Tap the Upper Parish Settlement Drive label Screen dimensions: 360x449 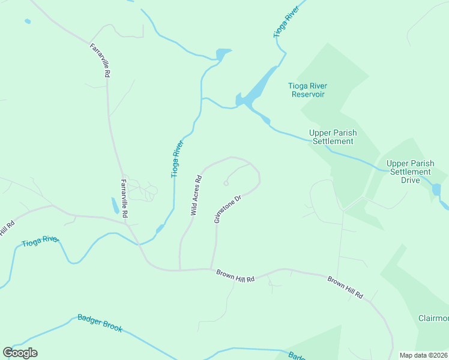(x=410, y=171)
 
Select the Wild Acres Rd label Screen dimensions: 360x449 (x=196, y=195)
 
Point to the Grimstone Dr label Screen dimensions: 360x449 (x=228, y=209)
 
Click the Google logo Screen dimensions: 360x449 (x=20, y=353)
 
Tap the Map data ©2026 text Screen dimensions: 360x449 (x=423, y=355)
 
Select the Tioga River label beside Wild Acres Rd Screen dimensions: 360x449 (x=176, y=159)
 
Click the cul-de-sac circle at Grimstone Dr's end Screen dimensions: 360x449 (x=226, y=183)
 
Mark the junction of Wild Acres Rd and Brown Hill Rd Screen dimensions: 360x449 (x=179, y=270)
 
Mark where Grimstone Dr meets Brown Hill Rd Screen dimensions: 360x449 (x=211, y=269)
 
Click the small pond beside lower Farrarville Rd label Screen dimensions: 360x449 (x=115, y=206)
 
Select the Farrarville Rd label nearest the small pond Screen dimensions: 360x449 (x=124, y=199)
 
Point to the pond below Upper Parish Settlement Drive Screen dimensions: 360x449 (x=436, y=190)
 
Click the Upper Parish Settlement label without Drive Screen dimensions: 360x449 (x=331, y=137)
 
